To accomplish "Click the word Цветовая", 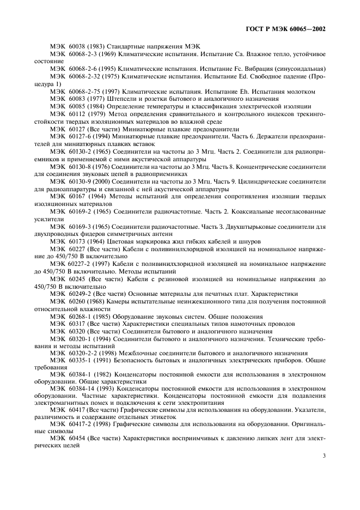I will tap(127, 241).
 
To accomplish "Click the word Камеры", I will tap(124, 301).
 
